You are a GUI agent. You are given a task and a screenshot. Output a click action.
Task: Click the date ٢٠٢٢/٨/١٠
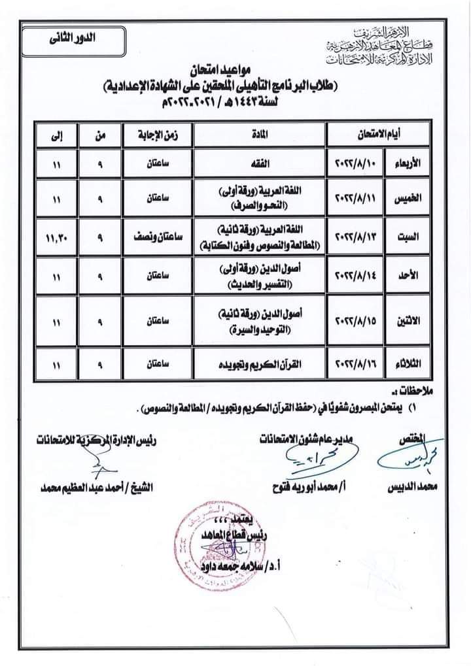point(358,160)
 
